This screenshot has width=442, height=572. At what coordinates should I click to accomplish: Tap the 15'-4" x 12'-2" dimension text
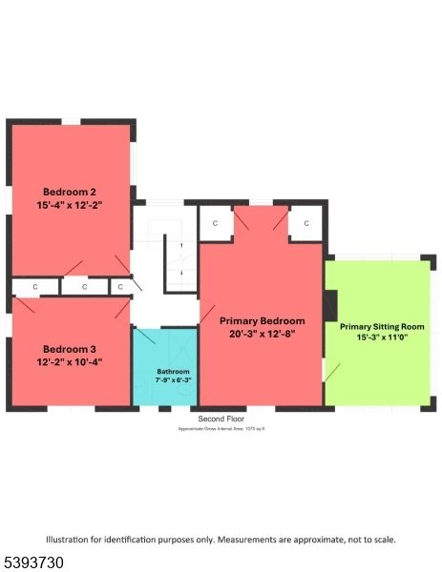[70, 205]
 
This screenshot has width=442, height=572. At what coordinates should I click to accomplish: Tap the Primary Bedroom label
[262, 320]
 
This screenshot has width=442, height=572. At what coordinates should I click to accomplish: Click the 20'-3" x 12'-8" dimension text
[262, 334]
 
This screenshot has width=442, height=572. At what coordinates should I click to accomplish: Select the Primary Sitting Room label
[382, 326]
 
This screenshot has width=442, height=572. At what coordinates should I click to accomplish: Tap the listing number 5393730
[32, 563]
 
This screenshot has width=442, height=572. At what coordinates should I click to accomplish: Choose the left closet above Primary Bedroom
[215, 223]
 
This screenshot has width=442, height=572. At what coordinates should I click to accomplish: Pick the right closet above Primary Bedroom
[306, 223]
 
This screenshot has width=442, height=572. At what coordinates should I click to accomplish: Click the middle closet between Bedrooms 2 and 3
[84, 286]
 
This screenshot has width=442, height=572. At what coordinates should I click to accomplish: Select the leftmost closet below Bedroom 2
[34, 286]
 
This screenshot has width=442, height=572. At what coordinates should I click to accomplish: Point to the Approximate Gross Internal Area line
[221, 430]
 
